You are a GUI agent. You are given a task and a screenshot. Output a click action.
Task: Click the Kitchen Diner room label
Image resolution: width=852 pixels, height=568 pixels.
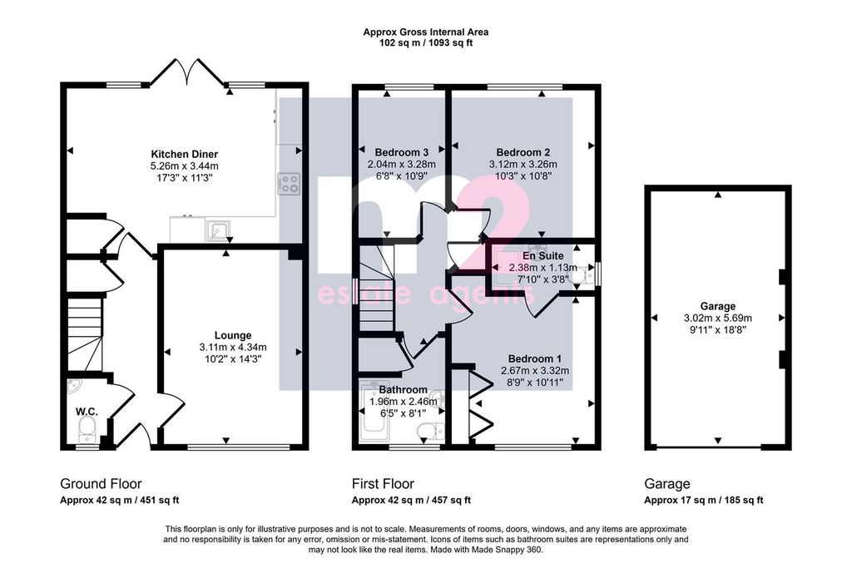click(184, 154)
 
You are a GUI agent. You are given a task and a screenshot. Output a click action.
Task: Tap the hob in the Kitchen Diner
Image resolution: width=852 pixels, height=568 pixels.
click(289, 184)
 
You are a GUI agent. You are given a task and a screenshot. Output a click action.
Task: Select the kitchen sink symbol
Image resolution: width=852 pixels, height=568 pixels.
click(219, 231)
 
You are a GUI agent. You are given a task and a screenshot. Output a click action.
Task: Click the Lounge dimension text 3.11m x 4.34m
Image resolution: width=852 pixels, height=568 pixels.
click(233, 347)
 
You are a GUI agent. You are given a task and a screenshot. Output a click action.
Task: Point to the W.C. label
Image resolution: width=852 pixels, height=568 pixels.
click(87, 412)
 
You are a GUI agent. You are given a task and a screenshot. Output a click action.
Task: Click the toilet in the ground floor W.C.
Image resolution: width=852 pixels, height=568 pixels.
click(87, 432)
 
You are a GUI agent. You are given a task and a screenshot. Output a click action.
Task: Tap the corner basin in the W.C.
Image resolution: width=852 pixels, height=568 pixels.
click(74, 386)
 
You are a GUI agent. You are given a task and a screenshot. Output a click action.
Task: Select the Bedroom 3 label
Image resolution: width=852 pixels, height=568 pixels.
click(398, 152)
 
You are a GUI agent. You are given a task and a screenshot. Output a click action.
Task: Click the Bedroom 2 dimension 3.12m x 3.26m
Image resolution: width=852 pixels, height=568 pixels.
click(523, 165)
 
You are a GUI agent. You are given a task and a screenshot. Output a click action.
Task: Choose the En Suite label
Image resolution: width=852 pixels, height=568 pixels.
click(542, 256)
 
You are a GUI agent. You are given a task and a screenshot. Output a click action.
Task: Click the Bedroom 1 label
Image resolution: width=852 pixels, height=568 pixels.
click(535, 359)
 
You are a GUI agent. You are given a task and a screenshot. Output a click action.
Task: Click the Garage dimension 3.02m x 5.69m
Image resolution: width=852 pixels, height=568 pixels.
click(718, 319)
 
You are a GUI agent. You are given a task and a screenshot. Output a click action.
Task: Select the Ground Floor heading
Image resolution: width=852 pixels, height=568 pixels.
click(101, 484)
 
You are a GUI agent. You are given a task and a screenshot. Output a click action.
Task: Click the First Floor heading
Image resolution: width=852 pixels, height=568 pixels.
click(383, 484)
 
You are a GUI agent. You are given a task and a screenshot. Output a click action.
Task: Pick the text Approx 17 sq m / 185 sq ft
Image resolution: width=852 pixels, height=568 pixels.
click(703, 500)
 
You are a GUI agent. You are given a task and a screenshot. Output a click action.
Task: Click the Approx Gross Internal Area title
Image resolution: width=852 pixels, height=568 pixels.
click(425, 32)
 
